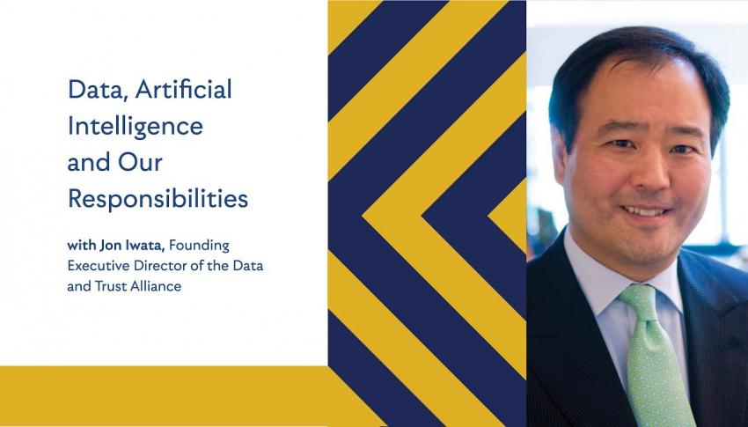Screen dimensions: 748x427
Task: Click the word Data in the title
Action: [x=95, y=89]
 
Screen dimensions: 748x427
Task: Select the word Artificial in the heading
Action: [x=184, y=89]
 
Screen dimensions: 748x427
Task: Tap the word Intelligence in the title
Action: [x=136, y=126]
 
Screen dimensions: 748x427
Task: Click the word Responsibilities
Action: [x=158, y=198]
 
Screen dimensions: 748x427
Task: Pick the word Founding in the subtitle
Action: [x=199, y=247]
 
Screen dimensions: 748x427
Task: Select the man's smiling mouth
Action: [x=645, y=211]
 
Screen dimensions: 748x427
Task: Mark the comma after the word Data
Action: [x=125, y=99]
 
